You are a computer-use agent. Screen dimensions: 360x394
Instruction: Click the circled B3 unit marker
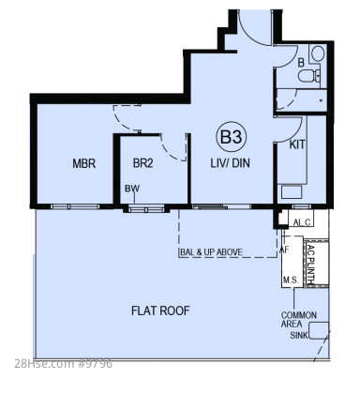(x=232, y=137)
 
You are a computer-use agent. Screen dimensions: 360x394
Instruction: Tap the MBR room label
(x=83, y=163)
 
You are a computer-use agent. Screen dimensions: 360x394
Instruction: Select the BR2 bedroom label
(x=142, y=163)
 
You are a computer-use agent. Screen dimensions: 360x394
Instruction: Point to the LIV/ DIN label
(x=230, y=163)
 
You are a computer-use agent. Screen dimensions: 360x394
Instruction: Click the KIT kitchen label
(x=297, y=144)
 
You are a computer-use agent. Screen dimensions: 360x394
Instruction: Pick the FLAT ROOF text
(x=160, y=311)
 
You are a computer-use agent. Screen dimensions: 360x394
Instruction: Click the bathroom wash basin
(x=318, y=53)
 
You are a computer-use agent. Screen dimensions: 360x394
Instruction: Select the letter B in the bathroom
(x=301, y=63)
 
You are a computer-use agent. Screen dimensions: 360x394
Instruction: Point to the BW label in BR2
(x=132, y=189)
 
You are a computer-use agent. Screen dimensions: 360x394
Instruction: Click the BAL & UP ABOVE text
(x=211, y=252)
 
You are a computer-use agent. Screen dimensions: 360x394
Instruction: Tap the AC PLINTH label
(x=311, y=264)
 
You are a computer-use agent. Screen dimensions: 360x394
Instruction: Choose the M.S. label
(x=291, y=280)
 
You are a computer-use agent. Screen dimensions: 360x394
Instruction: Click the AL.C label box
(x=302, y=222)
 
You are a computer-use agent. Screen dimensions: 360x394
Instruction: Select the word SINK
(x=299, y=335)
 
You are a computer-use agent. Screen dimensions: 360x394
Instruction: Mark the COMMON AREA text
(x=299, y=319)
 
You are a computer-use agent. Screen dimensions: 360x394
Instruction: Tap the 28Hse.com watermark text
(x=63, y=364)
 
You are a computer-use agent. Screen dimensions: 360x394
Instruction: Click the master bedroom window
(x=75, y=206)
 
